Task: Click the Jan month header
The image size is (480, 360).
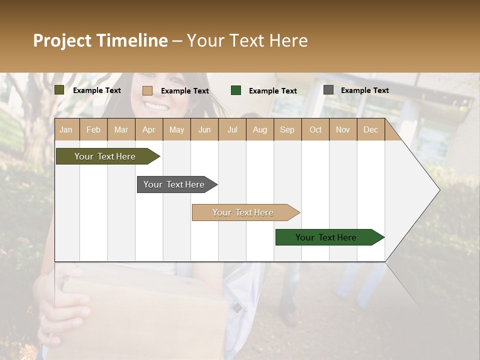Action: coord(66,130)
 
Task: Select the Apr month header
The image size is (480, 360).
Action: coord(148,130)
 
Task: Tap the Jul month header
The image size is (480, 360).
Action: coord(232,130)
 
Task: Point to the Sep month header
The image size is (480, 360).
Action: coord(287,130)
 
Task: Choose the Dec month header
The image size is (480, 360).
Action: coord(370,130)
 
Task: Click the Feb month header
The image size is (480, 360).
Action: coord(93,130)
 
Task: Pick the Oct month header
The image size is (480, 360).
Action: coord(315,130)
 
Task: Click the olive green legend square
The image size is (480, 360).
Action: coord(59,90)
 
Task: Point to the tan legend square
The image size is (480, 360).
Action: coord(147,90)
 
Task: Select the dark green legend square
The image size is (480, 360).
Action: coord(236,90)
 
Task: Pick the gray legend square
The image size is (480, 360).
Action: coord(328,90)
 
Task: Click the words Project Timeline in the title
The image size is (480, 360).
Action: coord(100,40)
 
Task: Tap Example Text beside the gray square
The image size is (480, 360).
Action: coord(364,90)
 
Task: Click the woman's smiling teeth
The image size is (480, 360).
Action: coord(157,106)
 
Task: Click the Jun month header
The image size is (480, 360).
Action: coord(204,130)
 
